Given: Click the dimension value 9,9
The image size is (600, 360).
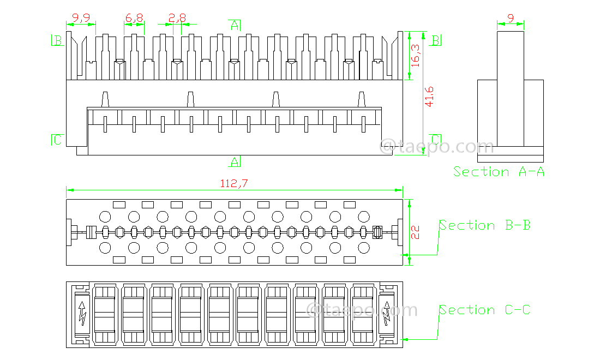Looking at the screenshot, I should [81, 18].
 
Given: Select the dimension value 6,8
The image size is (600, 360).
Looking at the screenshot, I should [134, 18].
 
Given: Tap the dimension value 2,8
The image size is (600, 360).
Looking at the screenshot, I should [177, 18].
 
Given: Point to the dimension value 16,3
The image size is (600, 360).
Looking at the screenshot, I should [416, 55].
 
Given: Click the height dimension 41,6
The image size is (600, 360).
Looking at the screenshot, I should [429, 97].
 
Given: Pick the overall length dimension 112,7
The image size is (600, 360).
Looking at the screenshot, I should [234, 184].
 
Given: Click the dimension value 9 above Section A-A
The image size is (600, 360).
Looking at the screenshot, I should [511, 18].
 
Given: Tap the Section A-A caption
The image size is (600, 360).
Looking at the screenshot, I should [499, 172].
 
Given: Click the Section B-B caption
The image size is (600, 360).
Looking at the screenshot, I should [485, 225].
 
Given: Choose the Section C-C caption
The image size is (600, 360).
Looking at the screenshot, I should [485, 310].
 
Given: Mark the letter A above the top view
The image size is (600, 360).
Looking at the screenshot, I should [235, 25].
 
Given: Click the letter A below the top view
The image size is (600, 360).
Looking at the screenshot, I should [235, 161].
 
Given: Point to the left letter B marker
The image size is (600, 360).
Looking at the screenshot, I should [57, 40].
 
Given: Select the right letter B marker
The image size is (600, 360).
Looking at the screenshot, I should [436, 40].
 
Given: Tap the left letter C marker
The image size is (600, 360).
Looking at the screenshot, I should [57, 140].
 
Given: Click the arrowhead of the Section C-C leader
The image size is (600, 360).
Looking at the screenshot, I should [405, 339].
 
